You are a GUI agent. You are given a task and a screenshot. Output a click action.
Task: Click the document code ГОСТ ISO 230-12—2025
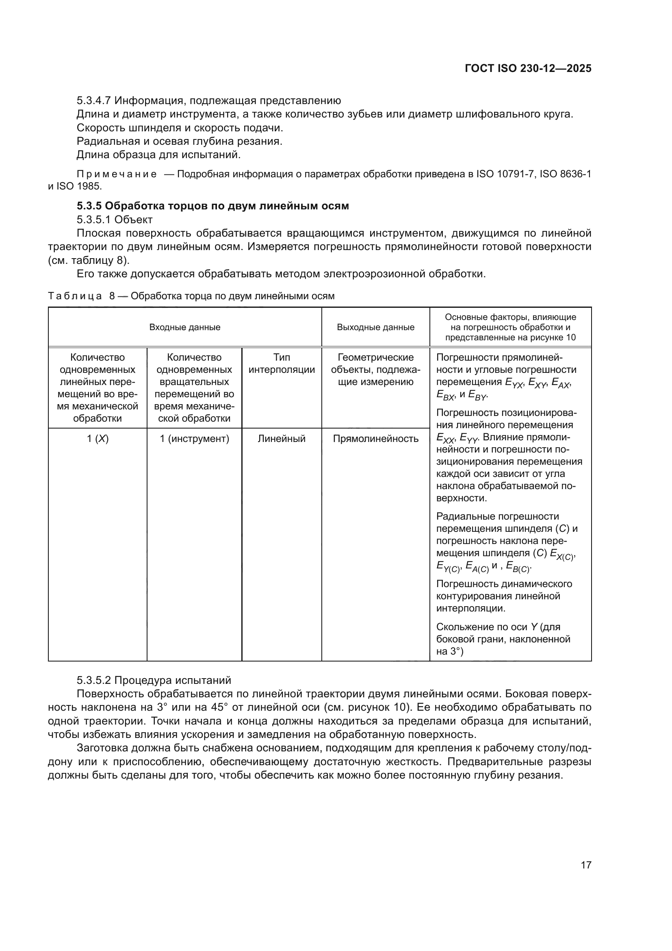[x=528, y=69]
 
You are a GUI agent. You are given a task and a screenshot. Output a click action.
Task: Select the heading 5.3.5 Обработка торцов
[x=212, y=206]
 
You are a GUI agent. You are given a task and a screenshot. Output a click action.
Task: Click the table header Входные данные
[x=184, y=327]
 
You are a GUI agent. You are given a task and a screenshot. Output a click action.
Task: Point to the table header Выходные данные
[x=375, y=327]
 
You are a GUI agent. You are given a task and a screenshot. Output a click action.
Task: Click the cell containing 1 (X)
[x=98, y=439]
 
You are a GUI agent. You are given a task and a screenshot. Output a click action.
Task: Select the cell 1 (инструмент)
[x=195, y=439]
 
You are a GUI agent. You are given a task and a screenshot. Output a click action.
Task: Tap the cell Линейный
[x=282, y=439]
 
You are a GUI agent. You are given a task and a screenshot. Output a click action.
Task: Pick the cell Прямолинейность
[x=375, y=439]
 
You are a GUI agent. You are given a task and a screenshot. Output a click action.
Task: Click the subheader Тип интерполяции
[x=282, y=363]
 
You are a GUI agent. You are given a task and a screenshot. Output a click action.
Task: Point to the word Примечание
[x=117, y=174]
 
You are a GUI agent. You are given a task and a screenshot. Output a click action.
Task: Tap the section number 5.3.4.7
[x=94, y=101]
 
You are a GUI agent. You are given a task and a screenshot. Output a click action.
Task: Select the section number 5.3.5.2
[x=94, y=680]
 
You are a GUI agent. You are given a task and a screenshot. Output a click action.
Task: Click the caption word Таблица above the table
[x=75, y=296]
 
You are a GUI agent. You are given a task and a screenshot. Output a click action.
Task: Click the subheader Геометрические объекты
[x=375, y=363]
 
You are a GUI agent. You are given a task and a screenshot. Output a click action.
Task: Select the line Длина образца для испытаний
[x=158, y=155]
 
